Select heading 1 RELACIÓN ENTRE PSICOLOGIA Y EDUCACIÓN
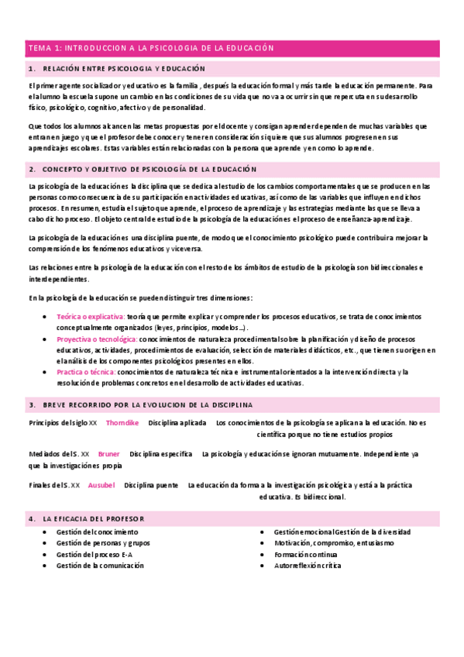(x=124, y=69)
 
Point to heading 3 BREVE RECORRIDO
(x=147, y=405)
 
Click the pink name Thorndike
(x=122, y=423)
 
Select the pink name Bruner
(x=109, y=454)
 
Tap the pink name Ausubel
(x=101, y=485)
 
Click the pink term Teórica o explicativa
(x=91, y=317)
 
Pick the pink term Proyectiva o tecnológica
(x=97, y=339)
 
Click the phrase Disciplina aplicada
(x=177, y=423)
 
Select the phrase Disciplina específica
(x=160, y=454)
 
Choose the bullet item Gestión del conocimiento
(x=98, y=532)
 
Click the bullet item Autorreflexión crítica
(x=308, y=566)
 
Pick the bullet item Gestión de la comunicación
(x=100, y=566)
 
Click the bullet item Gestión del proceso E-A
(x=95, y=555)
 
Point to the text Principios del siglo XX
(x=63, y=423)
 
